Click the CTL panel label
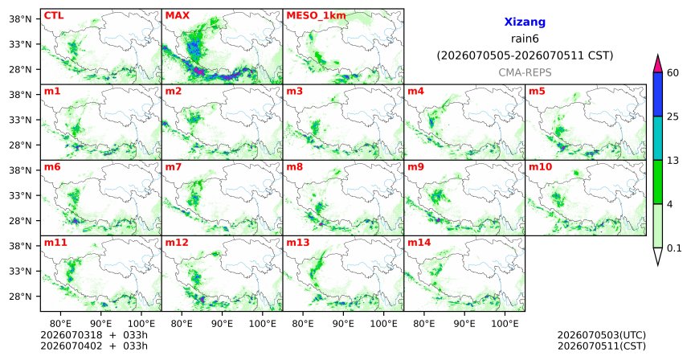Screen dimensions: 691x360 [54, 16]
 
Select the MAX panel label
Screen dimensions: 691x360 [177, 16]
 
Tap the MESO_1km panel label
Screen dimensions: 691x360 [316, 16]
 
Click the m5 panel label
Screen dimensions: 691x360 [537, 92]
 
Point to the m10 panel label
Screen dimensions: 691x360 [540, 167]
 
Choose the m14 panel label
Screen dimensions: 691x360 [419, 243]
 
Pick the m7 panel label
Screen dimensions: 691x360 [174, 167]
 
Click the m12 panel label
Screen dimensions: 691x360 [176, 243]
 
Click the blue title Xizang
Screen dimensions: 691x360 [525, 22]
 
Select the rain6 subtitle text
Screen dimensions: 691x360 [525, 39]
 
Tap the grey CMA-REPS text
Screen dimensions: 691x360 [525, 72]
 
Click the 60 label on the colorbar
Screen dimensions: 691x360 [673, 72]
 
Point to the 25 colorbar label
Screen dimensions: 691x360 [673, 117]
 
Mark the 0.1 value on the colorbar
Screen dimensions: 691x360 [674, 248]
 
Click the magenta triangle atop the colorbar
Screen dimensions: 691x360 [658, 64]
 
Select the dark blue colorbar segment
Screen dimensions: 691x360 [658, 94]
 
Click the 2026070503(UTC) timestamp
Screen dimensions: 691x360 [602, 336]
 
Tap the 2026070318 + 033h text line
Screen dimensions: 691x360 [94, 335]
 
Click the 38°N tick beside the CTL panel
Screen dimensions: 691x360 [20, 19]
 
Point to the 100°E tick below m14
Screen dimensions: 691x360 [505, 324]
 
